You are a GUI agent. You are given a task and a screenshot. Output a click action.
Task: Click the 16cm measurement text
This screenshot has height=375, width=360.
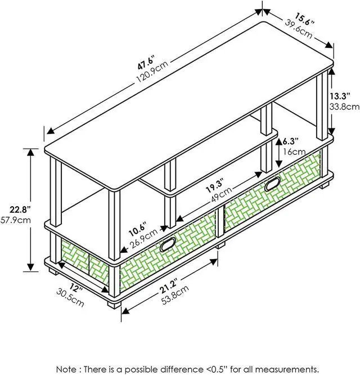click(294, 152)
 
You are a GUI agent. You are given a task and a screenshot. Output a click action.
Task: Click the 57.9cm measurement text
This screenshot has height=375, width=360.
click(15, 220)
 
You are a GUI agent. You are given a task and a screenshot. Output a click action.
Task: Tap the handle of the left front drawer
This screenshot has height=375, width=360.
click(169, 244)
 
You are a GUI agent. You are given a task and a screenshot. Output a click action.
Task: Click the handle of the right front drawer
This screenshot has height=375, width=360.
click(272, 184)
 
